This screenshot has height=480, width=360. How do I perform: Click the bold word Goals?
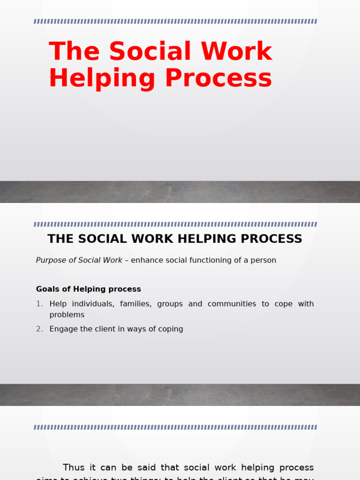(48, 289)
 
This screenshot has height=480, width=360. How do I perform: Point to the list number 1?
(39, 304)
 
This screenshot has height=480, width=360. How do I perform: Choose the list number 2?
(39, 329)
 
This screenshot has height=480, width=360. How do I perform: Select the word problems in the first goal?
(67, 315)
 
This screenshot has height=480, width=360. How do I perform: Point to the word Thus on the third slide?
(74, 468)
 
